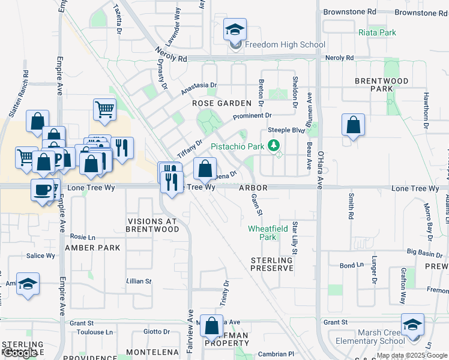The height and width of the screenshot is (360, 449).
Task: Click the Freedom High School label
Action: coord(285,44)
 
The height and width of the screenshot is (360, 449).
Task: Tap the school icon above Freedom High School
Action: coord(235,29)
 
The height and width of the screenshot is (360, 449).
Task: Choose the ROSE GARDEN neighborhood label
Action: coord(221,103)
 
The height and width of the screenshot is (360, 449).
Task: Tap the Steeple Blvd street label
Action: coord(287,129)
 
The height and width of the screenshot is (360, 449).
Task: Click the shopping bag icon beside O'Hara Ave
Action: coord(353,125)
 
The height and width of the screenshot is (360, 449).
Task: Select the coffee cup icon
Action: coord(42,190)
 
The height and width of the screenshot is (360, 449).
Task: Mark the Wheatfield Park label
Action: coord(262,233)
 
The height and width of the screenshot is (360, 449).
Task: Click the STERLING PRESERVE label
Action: coord(272,264)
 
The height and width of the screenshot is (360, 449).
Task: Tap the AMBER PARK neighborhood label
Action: coord(92,247)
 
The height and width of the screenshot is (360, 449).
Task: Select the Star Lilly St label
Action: coord(295,236)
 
